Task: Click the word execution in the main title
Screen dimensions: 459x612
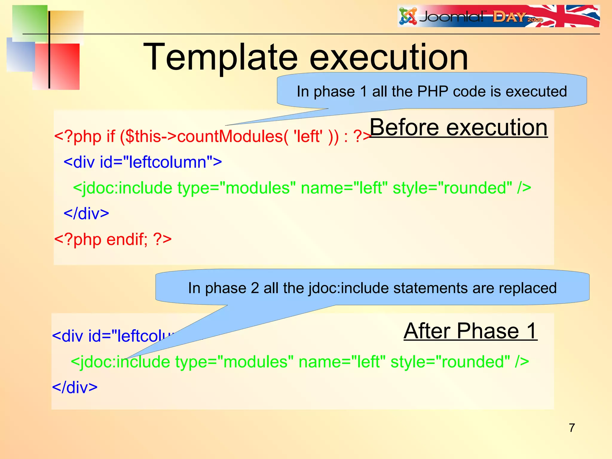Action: (388, 57)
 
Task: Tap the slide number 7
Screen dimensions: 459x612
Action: (572, 428)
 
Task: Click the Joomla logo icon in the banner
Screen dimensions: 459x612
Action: (408, 16)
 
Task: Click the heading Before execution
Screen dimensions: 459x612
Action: (459, 128)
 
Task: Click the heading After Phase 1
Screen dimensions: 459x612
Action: (470, 331)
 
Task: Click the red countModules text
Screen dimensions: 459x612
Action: (230, 137)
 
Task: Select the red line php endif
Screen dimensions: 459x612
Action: (113, 239)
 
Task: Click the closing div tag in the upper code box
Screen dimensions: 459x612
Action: (86, 214)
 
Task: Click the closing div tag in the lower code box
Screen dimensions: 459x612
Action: (75, 388)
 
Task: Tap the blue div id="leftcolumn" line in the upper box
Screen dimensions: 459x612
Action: (143, 162)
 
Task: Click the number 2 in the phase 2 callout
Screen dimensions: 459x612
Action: (255, 288)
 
